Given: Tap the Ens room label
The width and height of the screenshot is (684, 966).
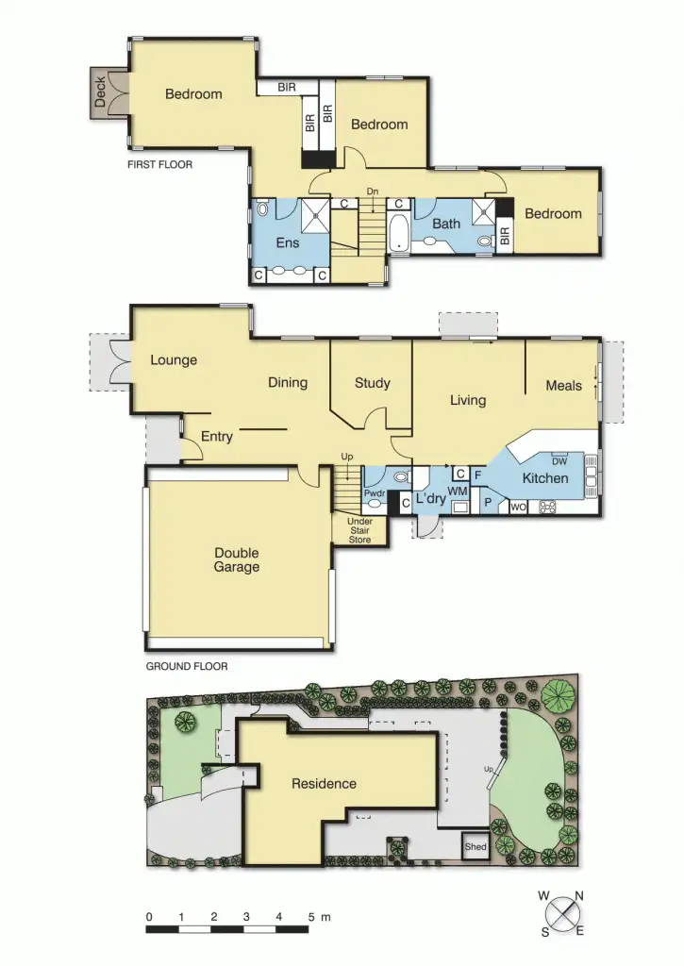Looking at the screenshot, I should pos(288,243).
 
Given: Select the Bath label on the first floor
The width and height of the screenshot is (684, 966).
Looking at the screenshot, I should pos(446,224).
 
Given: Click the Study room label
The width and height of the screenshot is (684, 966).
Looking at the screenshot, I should pos(372,383).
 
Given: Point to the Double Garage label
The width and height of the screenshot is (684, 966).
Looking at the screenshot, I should pos(236,560).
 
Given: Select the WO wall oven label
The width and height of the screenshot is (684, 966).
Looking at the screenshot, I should pos(518,508).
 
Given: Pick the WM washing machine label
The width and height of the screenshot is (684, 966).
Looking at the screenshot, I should pos(458,491).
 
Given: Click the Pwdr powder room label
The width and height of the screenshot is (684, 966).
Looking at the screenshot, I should pos(375,493).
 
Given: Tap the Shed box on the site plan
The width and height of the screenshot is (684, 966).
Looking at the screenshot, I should pos(475,847).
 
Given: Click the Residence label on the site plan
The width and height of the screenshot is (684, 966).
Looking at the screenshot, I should pos(324,784).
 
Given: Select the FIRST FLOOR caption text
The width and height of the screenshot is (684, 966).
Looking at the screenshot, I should pos(159,164).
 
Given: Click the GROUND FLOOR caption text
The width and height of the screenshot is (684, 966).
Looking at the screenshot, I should pos(186,666).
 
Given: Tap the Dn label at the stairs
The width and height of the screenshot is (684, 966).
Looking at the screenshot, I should pos(372,192).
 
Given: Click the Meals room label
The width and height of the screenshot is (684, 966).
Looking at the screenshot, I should pos(563,386).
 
